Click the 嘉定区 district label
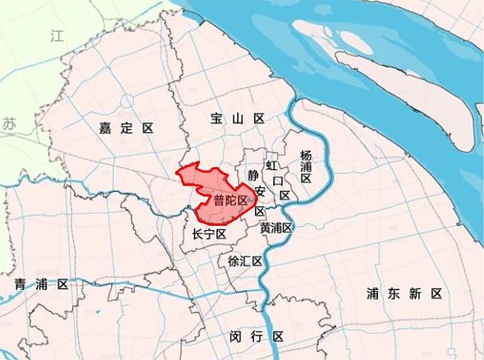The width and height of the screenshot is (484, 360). [x=126, y=128]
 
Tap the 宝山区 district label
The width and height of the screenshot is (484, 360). [x=238, y=119]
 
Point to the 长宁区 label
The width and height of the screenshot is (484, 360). [x=208, y=234]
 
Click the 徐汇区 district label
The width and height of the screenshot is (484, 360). [x=244, y=261]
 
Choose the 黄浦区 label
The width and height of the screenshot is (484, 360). [x=276, y=228]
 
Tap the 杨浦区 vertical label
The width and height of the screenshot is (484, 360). [x=306, y=166]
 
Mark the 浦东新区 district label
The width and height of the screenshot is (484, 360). [x=404, y=294]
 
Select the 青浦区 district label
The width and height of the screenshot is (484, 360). [x=42, y=284]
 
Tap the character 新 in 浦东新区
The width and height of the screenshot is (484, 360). [x=414, y=294]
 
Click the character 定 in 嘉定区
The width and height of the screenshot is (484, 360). [x=126, y=128]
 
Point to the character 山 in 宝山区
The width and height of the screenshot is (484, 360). [x=238, y=119]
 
